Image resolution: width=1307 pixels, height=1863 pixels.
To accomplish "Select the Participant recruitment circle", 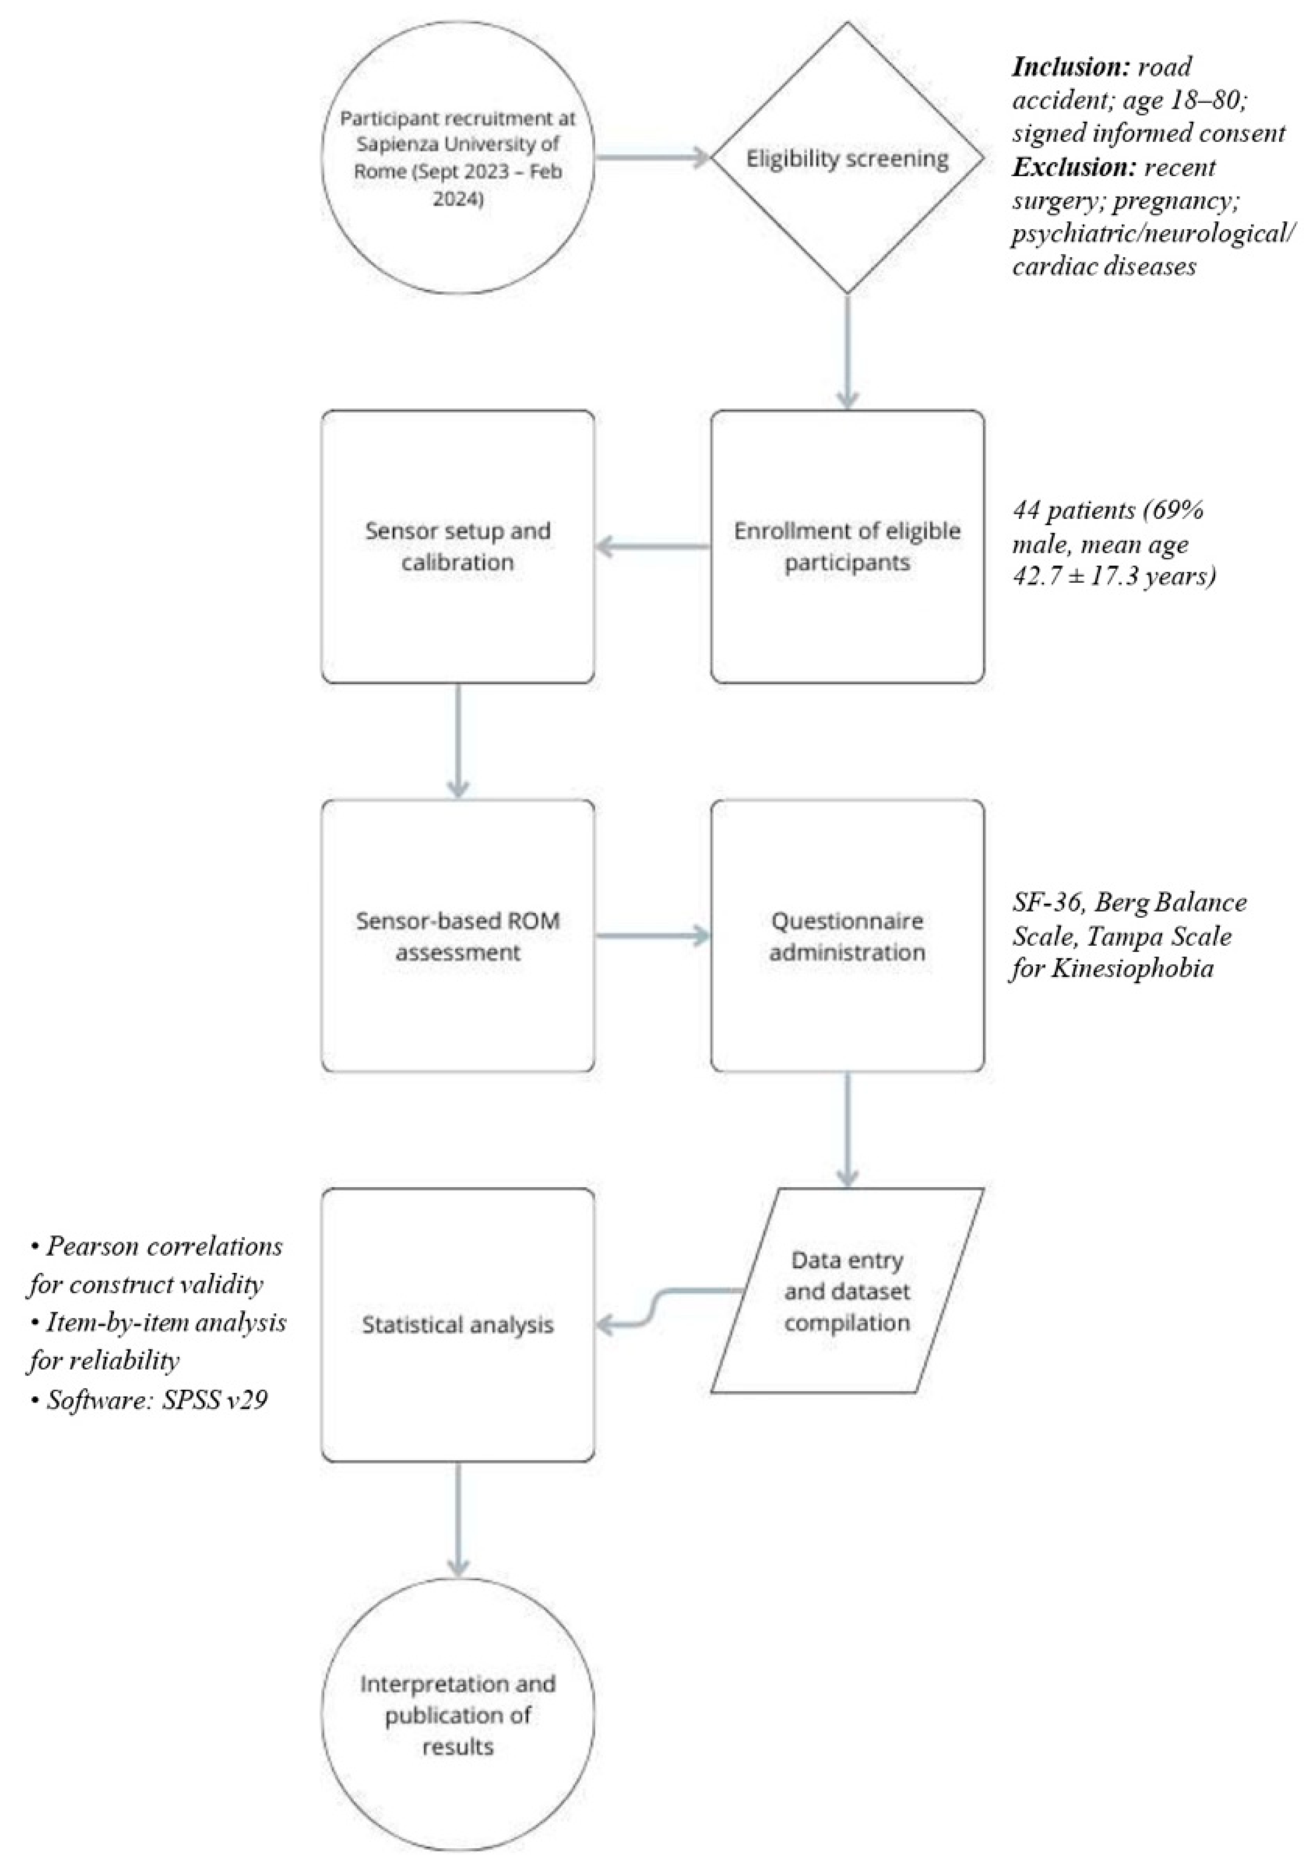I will pyautogui.click(x=458, y=158).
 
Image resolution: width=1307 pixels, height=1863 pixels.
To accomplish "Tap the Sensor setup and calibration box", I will pyautogui.click(x=458, y=546).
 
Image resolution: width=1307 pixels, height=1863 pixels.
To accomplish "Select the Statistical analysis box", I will pyautogui.click(x=458, y=1325).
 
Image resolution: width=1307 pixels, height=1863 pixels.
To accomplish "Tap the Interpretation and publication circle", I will pyautogui.click(x=458, y=1714).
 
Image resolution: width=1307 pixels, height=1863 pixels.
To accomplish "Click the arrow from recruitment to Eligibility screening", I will pyautogui.click(x=653, y=158).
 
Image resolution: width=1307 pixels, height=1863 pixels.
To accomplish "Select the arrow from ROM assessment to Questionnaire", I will pyautogui.click(x=653, y=936).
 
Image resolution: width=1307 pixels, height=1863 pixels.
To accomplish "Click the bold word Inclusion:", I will pyautogui.click(x=1075, y=67).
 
